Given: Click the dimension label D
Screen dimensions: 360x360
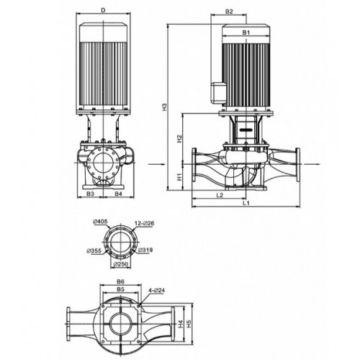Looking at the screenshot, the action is [x=103, y=10].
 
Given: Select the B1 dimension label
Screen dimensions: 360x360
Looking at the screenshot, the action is [x=246, y=32].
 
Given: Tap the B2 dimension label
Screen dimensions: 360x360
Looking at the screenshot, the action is [x=229, y=12].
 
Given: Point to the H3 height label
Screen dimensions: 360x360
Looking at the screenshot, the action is [x=164, y=107].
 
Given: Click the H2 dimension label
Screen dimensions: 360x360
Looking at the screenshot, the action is [x=179, y=139].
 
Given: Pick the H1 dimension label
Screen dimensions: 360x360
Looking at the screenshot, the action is [x=179, y=177].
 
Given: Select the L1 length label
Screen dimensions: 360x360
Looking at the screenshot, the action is [x=246, y=203].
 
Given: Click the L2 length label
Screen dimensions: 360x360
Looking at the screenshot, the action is [x=220, y=195].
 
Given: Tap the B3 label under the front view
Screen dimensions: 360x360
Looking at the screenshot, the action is [x=90, y=194].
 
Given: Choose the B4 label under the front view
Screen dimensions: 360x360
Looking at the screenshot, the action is [x=118, y=194].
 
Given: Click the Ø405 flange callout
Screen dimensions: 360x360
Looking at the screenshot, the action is [x=100, y=222].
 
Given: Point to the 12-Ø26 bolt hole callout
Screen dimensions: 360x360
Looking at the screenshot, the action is [x=145, y=224].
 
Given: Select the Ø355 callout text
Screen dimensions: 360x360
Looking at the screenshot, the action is [x=94, y=251].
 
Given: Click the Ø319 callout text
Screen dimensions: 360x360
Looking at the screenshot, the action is [x=145, y=250].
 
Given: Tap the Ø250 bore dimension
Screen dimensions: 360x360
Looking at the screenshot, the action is [x=121, y=264].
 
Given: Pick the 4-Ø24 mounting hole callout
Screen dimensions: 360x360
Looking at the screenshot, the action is [x=157, y=290].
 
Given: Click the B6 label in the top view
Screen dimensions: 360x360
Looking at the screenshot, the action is [x=120, y=282].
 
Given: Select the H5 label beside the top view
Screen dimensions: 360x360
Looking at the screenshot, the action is [x=189, y=324].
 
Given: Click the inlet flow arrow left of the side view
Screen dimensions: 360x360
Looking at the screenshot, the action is [x=157, y=164].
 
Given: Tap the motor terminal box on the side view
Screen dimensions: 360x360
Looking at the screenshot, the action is [x=219, y=93].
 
